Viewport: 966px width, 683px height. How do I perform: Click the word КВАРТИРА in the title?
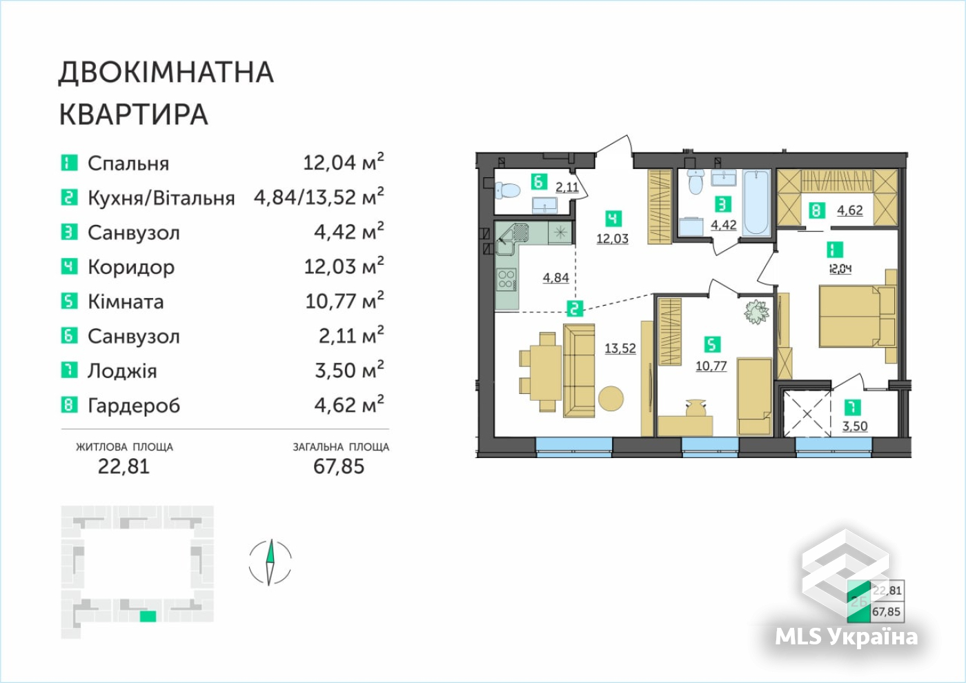point(134,115)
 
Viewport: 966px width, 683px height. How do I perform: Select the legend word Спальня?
point(128,164)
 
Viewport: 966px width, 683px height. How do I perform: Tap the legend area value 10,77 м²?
point(344,301)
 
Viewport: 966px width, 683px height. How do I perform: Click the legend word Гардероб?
point(134,406)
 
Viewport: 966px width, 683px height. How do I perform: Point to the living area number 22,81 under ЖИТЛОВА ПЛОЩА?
point(124,466)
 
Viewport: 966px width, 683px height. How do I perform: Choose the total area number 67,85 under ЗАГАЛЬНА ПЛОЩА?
point(339,466)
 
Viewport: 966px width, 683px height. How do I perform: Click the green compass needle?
point(270,551)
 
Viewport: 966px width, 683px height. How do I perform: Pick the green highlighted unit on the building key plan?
point(148,616)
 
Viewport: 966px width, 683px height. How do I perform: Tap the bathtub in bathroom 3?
point(756,202)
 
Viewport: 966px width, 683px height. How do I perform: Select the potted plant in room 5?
point(756,312)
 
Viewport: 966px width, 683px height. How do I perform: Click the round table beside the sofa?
point(611,399)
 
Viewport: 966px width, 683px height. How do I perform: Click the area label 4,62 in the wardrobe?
point(850,210)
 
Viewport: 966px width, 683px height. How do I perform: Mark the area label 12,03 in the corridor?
point(613,239)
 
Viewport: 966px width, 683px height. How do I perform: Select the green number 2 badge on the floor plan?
point(574,309)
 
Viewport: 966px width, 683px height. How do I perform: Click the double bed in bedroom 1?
point(857,316)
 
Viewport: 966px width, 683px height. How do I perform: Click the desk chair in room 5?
point(696,408)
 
